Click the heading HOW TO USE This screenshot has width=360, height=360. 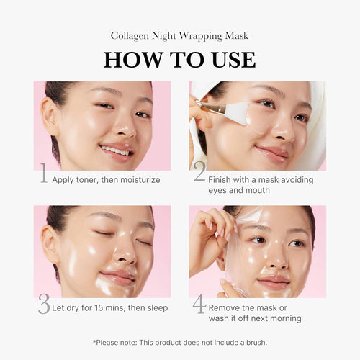point(179,59)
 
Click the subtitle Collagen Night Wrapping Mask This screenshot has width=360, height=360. point(179,35)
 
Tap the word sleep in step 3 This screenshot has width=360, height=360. point(154,307)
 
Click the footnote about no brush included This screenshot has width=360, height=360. point(179,341)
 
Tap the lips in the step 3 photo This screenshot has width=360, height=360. point(117,276)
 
